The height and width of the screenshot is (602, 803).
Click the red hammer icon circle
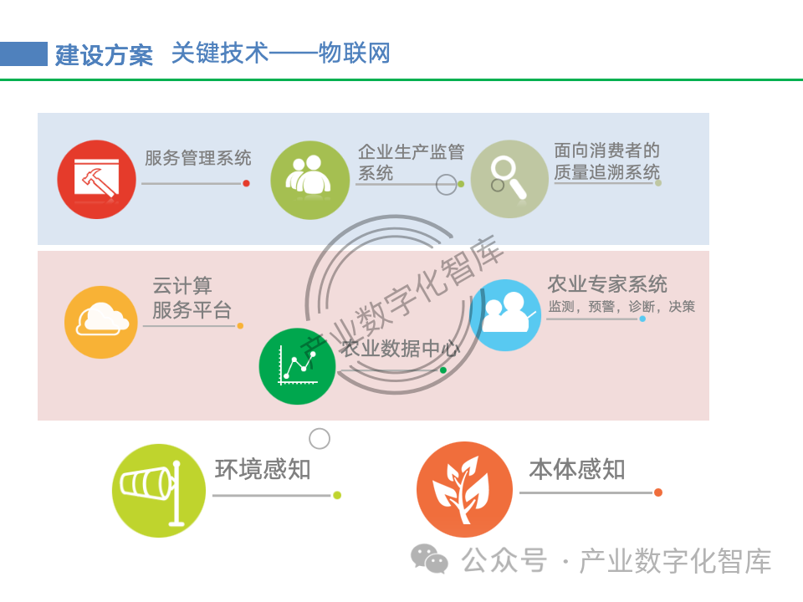click(x=97, y=179)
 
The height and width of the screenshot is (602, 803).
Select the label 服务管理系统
click(x=198, y=158)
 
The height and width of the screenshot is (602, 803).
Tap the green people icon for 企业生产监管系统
click(x=310, y=179)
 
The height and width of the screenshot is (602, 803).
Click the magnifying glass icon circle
click(x=509, y=178)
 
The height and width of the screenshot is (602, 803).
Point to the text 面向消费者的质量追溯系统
click(x=606, y=162)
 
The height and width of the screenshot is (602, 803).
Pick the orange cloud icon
click(x=102, y=322)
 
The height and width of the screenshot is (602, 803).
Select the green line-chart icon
click(x=297, y=366)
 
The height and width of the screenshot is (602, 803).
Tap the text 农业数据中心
click(x=400, y=349)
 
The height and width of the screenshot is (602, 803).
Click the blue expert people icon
click(x=504, y=315)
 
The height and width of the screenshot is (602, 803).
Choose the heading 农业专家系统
click(x=607, y=283)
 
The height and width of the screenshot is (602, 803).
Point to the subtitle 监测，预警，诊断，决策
click(x=621, y=307)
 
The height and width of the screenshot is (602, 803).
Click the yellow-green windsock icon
click(x=158, y=490)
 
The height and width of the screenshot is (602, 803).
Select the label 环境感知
click(x=263, y=470)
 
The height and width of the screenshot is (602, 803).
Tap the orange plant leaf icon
click(x=464, y=489)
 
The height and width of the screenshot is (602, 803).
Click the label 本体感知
click(x=577, y=470)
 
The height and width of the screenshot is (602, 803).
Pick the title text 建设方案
click(x=105, y=55)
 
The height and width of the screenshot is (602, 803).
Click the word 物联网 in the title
click(x=354, y=54)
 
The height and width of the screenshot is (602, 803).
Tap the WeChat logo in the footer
click(x=429, y=559)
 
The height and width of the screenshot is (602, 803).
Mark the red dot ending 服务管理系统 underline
click(x=246, y=183)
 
